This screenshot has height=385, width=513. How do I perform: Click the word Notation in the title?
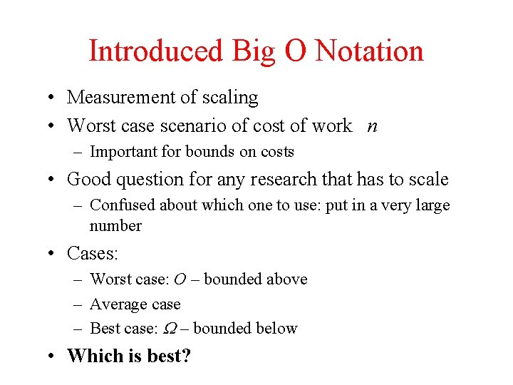(369, 51)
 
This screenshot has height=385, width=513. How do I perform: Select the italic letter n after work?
(373, 126)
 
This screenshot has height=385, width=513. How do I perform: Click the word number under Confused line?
(115, 226)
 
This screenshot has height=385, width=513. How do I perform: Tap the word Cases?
(93, 253)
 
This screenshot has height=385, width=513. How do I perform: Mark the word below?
(275, 329)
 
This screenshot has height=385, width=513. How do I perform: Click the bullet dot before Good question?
(53, 179)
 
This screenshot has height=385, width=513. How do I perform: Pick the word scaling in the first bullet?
(229, 98)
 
